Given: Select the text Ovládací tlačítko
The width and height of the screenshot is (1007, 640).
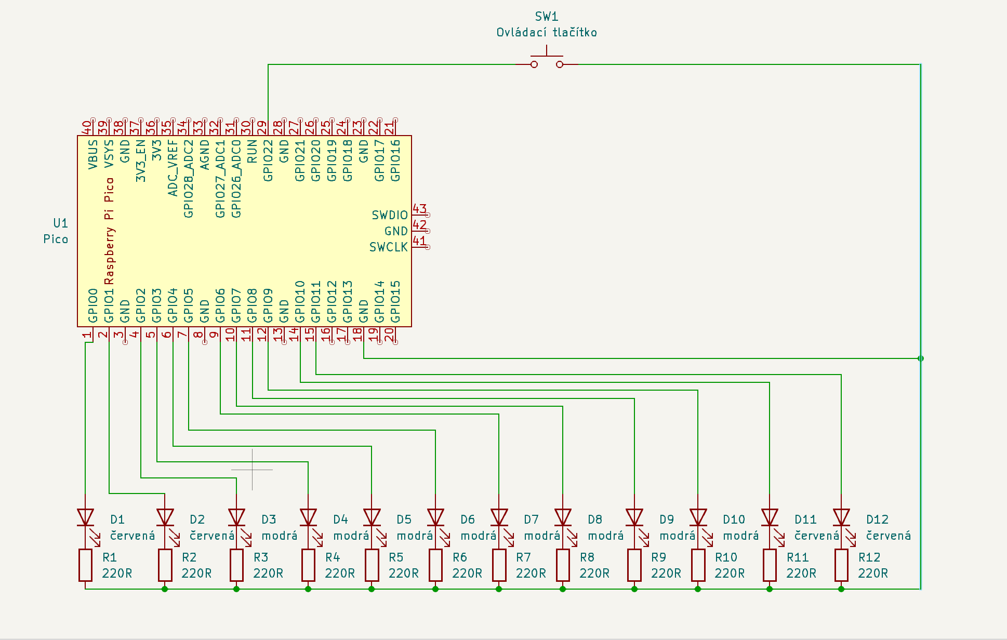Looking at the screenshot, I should pos(547,33).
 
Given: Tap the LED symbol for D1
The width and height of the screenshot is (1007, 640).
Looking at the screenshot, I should pos(85,517).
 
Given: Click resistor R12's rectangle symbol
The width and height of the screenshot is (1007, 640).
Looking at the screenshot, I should pos(841,565).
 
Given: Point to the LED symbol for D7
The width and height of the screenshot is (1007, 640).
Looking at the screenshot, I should pos(499,517).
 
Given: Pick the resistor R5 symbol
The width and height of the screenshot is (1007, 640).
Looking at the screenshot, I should pos(372,565).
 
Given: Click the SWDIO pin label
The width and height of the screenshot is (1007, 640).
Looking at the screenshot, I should pos(390,215).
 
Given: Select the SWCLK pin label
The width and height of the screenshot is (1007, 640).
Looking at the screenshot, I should pos(389,247).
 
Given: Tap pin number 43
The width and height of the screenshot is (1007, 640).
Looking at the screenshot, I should pos(419,209).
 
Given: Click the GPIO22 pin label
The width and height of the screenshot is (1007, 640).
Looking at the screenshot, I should pos(268,161).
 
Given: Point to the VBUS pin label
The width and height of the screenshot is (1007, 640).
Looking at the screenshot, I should pos(93,154).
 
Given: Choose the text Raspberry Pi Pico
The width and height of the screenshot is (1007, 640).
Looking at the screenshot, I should pos(109,231).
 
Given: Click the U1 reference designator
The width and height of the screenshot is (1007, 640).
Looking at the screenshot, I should pos(61,223).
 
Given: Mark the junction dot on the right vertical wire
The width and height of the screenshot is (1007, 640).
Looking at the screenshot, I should pos(921,358).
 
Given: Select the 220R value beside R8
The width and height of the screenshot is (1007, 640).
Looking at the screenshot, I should pos(594,574).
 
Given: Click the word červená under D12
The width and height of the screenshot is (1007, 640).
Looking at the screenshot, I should pos(889,536).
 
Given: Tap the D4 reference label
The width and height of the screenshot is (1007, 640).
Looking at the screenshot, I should pos(340,519).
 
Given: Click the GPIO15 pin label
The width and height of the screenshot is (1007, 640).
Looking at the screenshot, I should pos(395,301).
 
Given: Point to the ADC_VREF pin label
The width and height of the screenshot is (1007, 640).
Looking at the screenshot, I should pos(173,168).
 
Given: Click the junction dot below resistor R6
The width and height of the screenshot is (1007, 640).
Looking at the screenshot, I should pos(435,589).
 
